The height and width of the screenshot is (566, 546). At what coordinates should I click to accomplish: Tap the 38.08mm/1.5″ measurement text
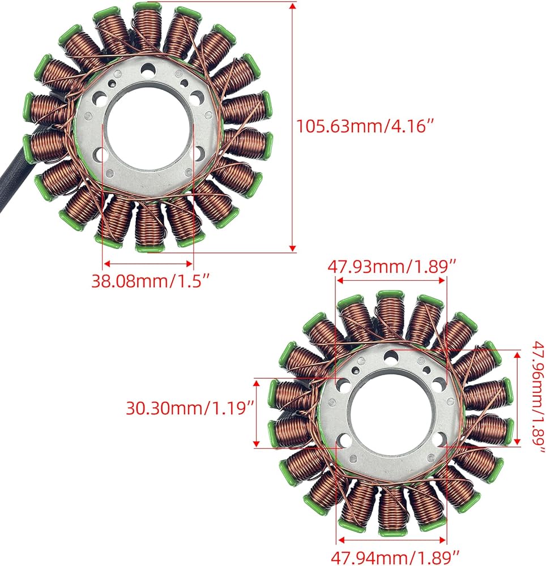[x=151, y=281]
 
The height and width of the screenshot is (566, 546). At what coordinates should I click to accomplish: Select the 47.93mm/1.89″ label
[x=392, y=267]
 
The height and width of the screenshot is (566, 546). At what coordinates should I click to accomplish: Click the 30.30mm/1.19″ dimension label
[x=191, y=408]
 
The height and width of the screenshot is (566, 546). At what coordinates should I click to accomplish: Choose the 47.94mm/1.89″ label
[x=395, y=558]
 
